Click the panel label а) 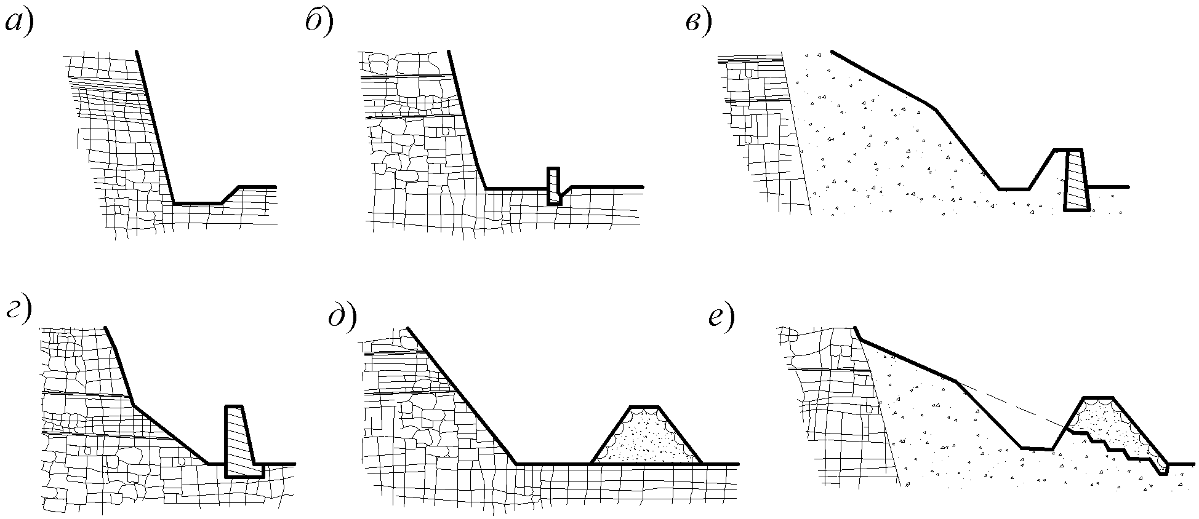click(x=19, y=23)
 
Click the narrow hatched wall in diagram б click(x=554, y=186)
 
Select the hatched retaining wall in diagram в click(x=1076, y=180)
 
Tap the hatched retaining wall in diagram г click(x=243, y=441)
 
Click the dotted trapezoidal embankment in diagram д click(x=646, y=435)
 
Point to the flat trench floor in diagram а click(x=198, y=203)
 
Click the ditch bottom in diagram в click(x=1014, y=189)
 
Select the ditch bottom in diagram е click(x=1037, y=449)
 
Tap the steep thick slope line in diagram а click(x=154, y=127)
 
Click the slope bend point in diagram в click(x=936, y=109)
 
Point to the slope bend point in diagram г click(x=134, y=404)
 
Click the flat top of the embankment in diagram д click(x=645, y=406)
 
